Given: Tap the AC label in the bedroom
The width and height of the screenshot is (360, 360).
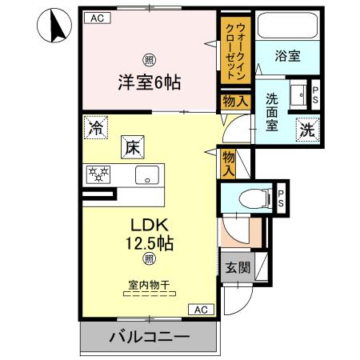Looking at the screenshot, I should (97, 17).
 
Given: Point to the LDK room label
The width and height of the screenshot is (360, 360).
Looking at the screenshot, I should (149, 226).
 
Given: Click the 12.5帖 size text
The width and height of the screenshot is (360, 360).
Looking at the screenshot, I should (149, 242).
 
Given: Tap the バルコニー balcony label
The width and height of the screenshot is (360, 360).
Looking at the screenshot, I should (149, 337).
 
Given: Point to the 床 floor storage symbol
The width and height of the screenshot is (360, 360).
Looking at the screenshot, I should (133, 147).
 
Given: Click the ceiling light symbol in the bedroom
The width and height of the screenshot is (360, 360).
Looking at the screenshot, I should (148, 60).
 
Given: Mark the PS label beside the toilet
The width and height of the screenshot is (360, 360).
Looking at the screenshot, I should (281, 198).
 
